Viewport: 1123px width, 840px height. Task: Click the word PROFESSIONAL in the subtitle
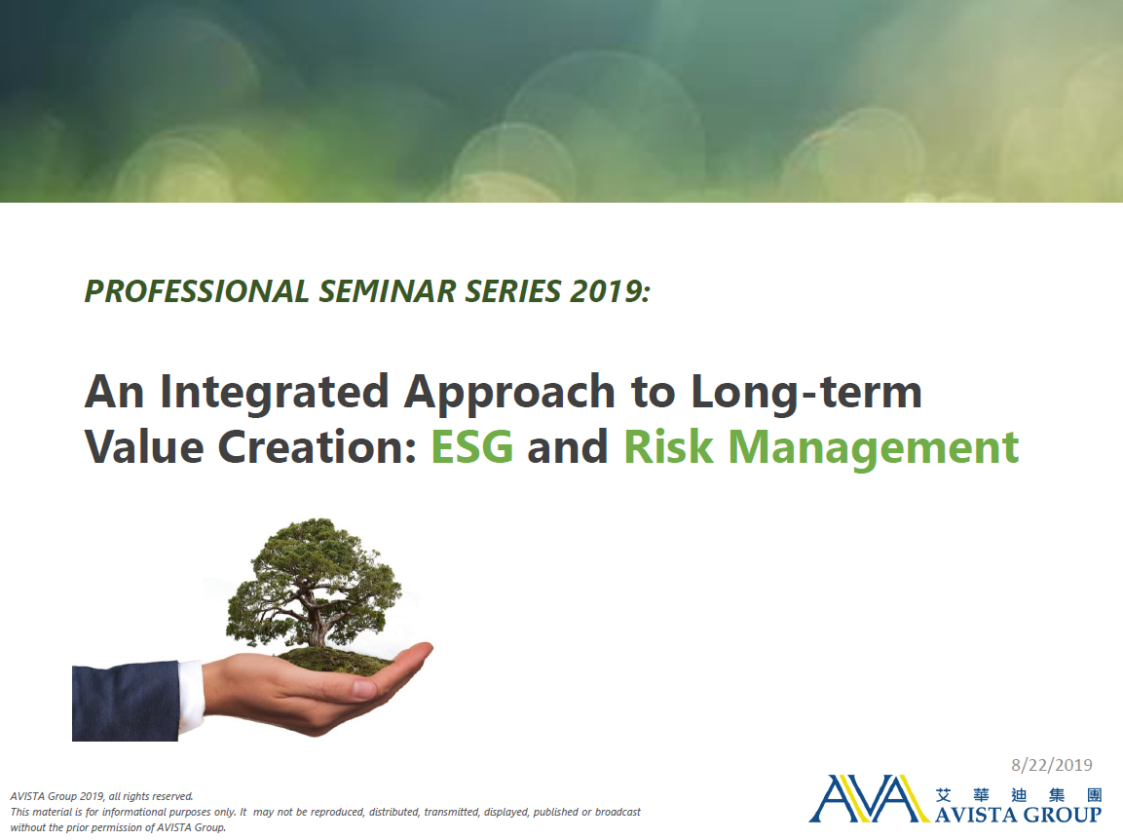[x=197, y=291]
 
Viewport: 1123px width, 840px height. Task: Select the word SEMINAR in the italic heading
[x=388, y=291]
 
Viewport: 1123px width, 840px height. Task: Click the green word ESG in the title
[x=472, y=446]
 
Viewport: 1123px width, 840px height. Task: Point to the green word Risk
[x=669, y=446]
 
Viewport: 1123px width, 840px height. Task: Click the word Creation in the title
[x=318, y=446]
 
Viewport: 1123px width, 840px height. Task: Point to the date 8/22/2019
[x=1051, y=765]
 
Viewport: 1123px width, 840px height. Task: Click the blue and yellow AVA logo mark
[x=868, y=798]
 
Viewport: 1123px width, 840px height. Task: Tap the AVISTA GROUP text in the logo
[x=1018, y=815]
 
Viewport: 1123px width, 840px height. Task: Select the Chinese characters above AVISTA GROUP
[x=1019, y=795]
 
